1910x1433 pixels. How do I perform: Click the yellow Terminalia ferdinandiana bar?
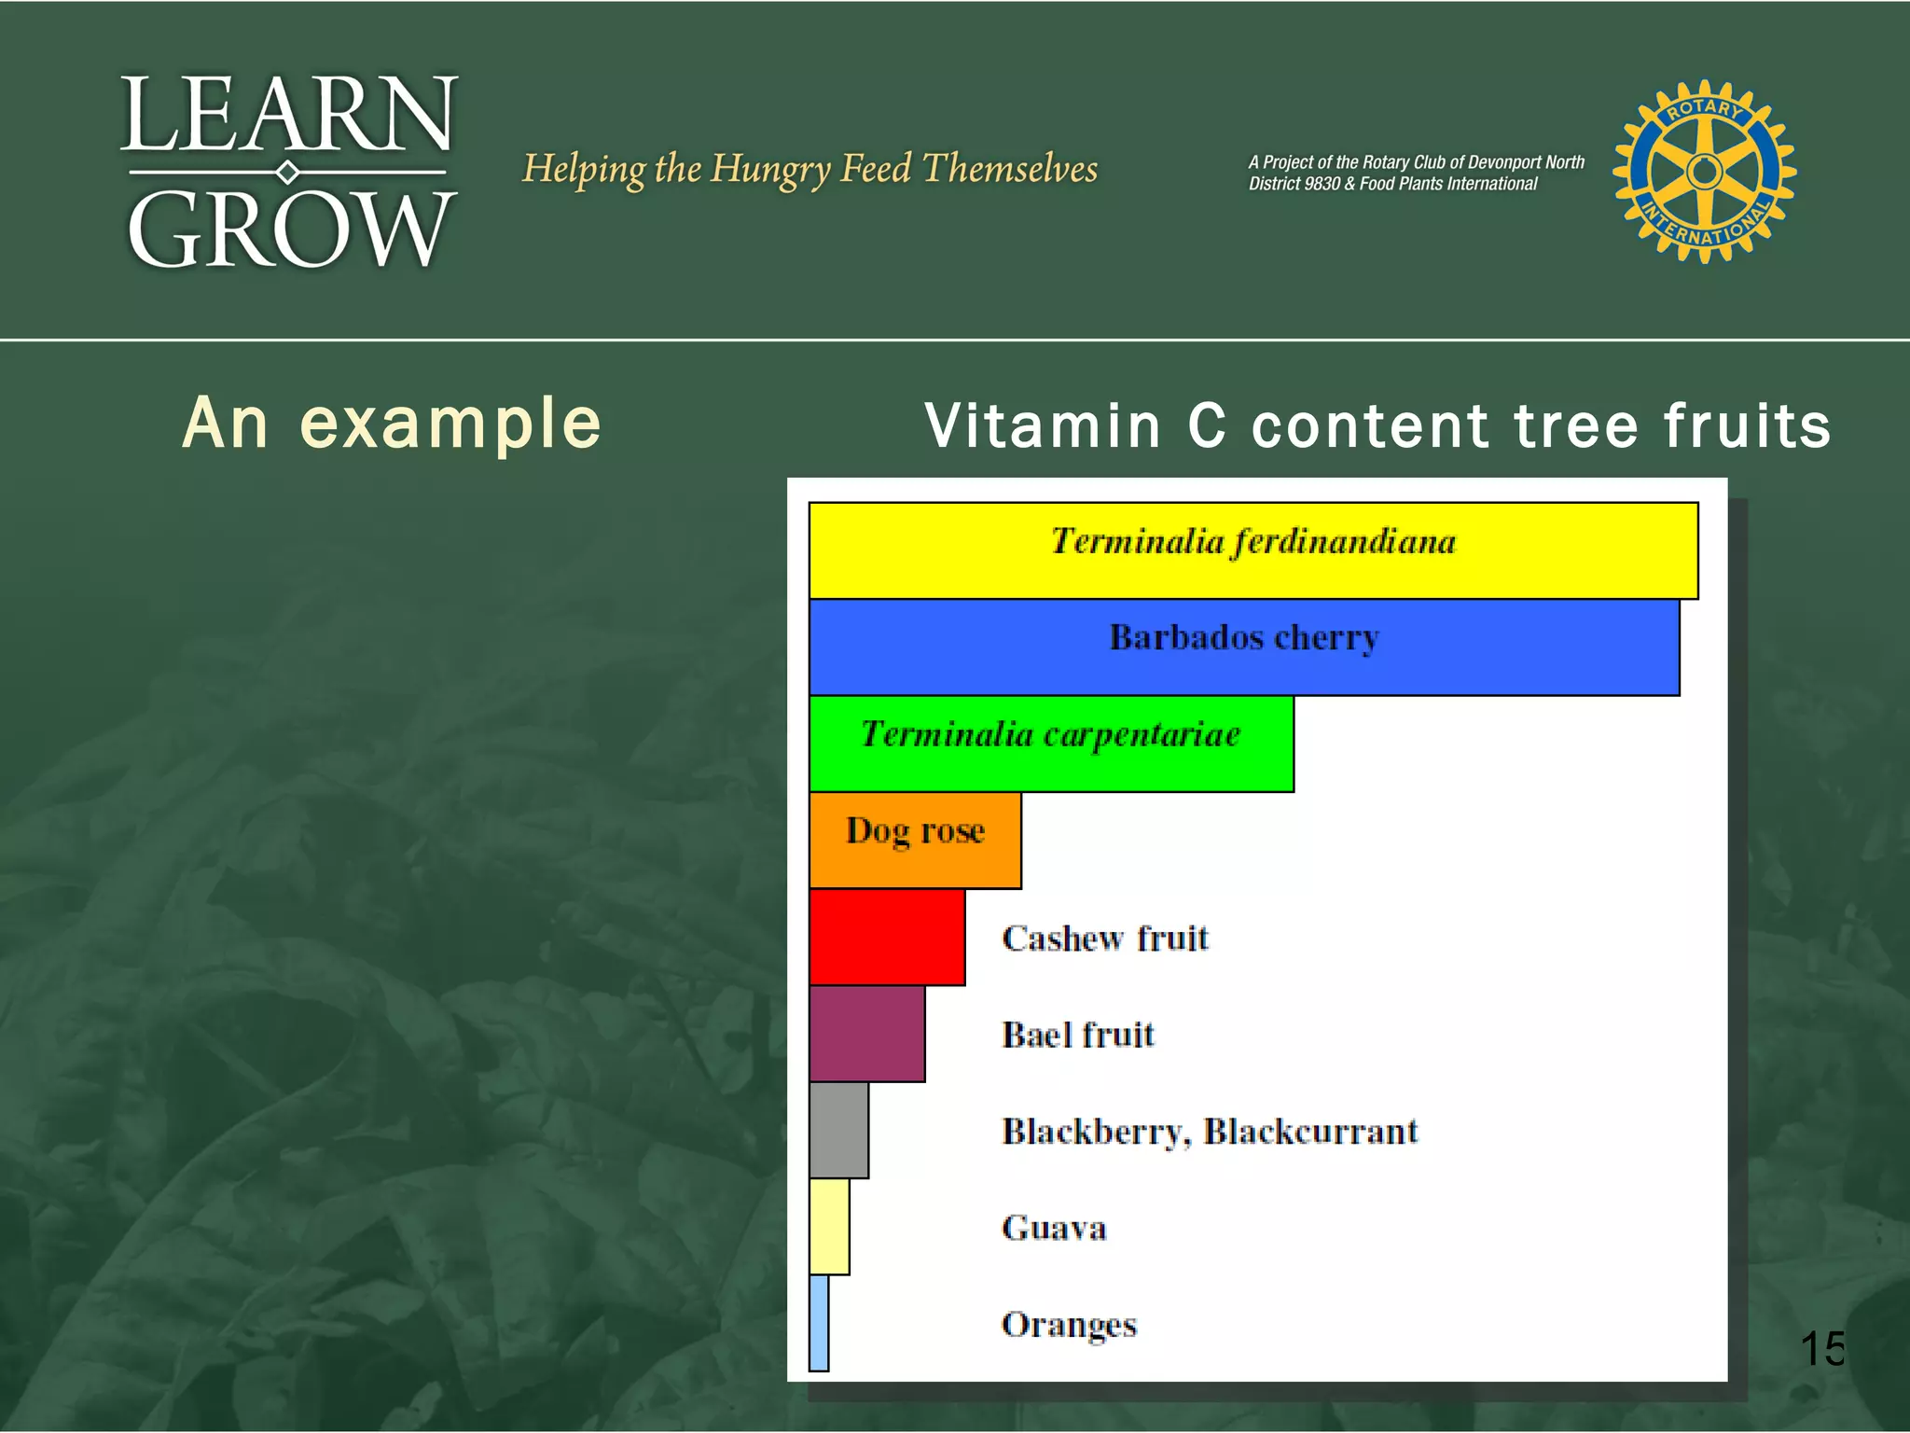pos(1253,550)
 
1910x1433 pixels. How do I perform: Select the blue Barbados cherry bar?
pos(1243,647)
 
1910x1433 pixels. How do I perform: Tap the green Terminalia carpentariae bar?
pos(1051,744)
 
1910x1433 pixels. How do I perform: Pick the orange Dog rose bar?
pos(915,841)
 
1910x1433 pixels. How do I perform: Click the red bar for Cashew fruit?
pos(887,938)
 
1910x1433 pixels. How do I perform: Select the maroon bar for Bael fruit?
pos(867,1034)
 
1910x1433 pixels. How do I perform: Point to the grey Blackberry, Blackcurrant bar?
pos(838,1130)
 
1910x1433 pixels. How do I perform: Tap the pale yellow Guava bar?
pos(829,1227)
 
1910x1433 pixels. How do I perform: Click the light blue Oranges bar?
pos(819,1323)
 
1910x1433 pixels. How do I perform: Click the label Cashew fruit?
pos(1105,938)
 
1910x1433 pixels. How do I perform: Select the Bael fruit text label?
pos(1077,1035)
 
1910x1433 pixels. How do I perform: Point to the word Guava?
pos(1054,1228)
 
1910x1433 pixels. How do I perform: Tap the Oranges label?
pos(1069,1325)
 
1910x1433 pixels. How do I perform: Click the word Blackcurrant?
pos(1310,1131)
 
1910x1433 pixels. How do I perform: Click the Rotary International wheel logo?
pos(1704,172)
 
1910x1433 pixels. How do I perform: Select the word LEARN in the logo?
pos(288,116)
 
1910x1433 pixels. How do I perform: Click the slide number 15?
pos(1821,1348)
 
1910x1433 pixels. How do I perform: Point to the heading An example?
pos(392,424)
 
